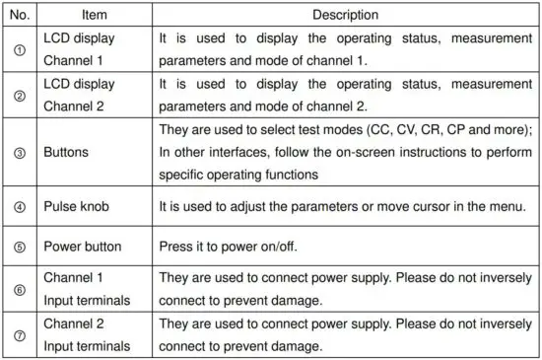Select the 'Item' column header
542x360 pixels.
tap(93, 16)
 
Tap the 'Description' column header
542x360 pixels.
tap(345, 16)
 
